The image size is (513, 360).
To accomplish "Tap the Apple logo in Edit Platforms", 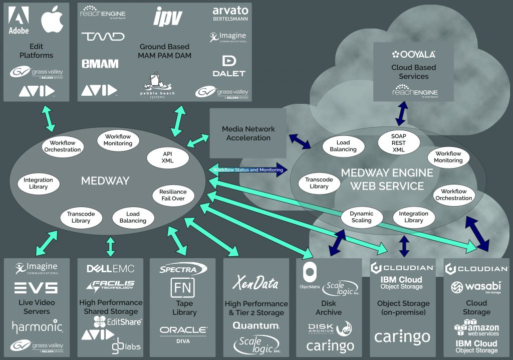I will (x=53, y=21).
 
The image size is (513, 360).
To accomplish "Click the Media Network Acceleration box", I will (x=248, y=133).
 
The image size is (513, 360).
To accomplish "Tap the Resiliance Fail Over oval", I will (x=173, y=195).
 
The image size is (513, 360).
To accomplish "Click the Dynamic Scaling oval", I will (x=361, y=217).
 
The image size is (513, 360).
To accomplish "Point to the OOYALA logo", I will (x=414, y=54).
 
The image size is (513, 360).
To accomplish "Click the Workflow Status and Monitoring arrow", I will (x=248, y=169).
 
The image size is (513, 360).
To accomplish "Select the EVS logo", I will (x=36, y=287).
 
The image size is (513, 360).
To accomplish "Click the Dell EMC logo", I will (x=110, y=269).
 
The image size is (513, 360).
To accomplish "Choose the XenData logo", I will (x=255, y=283).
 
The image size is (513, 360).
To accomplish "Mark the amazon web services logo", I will (x=476, y=328).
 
